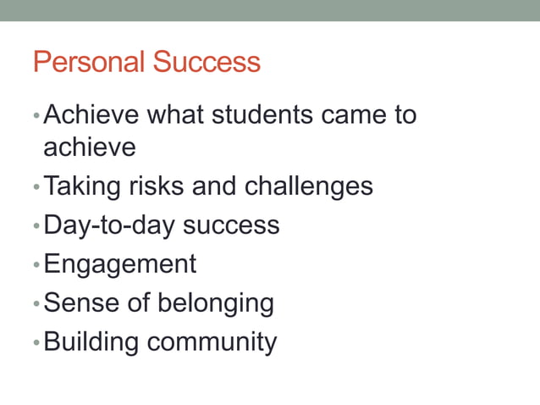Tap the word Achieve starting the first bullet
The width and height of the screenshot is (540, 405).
[94, 114]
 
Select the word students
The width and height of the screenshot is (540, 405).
[265, 114]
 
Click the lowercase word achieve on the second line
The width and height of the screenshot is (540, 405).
[89, 147]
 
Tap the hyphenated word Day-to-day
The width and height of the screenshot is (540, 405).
[109, 225]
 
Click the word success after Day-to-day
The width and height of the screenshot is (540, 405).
[231, 225]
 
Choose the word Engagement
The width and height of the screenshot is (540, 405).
[119, 264]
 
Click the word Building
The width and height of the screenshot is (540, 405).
[91, 341]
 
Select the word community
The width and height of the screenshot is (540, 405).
[212, 342]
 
